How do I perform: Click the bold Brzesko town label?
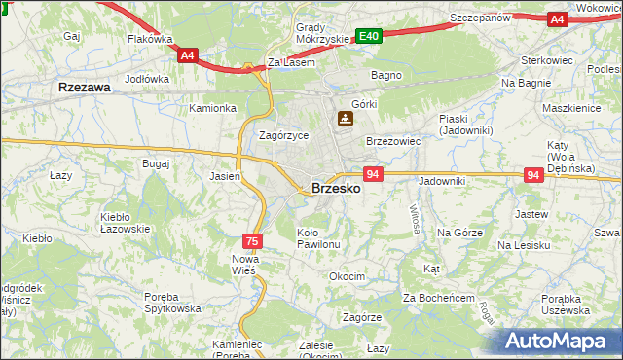(336, 189)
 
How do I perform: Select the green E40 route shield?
(367, 37)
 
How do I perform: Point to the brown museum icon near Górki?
(345, 120)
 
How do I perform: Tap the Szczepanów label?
(482, 18)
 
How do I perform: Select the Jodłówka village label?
(148, 80)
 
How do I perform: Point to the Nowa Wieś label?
(243, 265)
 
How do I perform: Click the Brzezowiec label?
(392, 141)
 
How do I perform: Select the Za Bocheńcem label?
(438, 297)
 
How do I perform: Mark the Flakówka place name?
(150, 40)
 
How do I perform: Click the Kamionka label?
(213, 108)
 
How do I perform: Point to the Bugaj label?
(156, 164)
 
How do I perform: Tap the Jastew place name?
(530, 213)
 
